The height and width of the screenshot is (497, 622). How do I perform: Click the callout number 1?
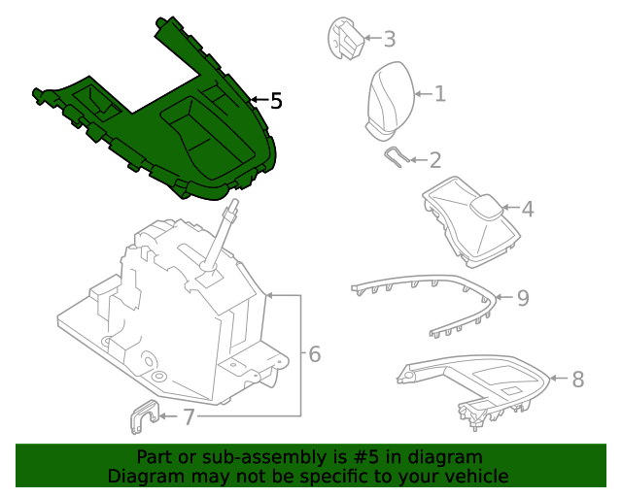coord(439,94)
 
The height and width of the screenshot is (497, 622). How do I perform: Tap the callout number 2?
coord(434,161)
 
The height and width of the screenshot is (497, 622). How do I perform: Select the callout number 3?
coord(389,40)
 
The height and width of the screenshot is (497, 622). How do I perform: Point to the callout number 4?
coord(528,210)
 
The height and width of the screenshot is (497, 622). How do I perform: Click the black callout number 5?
coord(276,101)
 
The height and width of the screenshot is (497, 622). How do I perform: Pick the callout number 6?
coord(314,355)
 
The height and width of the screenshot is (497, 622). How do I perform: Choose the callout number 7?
coord(189,417)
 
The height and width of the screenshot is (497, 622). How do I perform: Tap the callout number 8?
coord(578,380)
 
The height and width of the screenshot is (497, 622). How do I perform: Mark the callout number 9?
coord(522,298)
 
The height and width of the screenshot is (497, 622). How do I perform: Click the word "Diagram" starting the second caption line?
coord(145,476)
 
